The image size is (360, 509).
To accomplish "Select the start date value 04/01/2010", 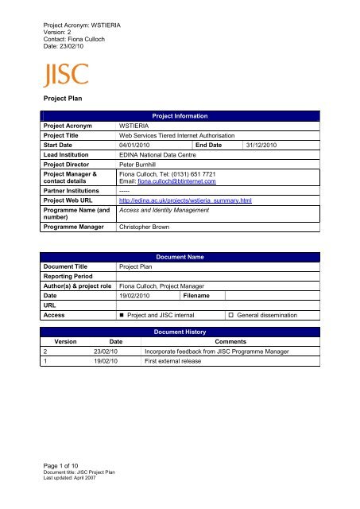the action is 138,146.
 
